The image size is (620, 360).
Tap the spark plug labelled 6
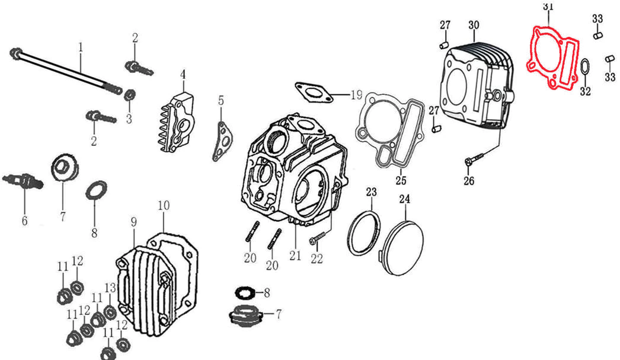pos(24,181)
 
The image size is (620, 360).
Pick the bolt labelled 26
pos(475,159)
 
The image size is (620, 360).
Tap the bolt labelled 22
pos(317,238)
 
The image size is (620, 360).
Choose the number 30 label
pos(474,25)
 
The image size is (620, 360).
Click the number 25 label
pos(401,180)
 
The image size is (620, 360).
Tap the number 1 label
pos(81,47)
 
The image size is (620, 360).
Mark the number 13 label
pos(110,288)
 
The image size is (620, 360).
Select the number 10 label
pos(164,205)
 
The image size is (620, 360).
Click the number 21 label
pos(295,256)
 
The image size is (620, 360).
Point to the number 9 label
pos(134,222)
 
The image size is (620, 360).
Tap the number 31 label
pos(548,6)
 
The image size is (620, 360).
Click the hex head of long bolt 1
pos(15,53)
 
